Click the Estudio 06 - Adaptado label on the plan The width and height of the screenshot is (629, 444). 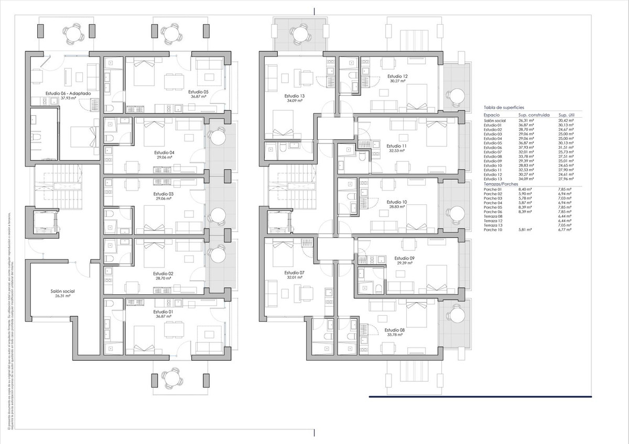coord(68,93)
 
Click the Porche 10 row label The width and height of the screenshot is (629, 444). coord(493,230)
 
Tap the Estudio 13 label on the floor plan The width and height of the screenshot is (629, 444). coord(295,96)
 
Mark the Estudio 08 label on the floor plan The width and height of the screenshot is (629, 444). coord(394,330)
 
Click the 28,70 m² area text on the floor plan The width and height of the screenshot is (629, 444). coord(163,279)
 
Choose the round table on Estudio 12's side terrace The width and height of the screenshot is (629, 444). coord(458,95)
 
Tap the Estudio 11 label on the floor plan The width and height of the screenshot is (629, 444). coord(396,146)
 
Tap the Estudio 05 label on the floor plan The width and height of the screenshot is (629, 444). coord(198,91)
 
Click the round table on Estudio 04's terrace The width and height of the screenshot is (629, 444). coord(216,137)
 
